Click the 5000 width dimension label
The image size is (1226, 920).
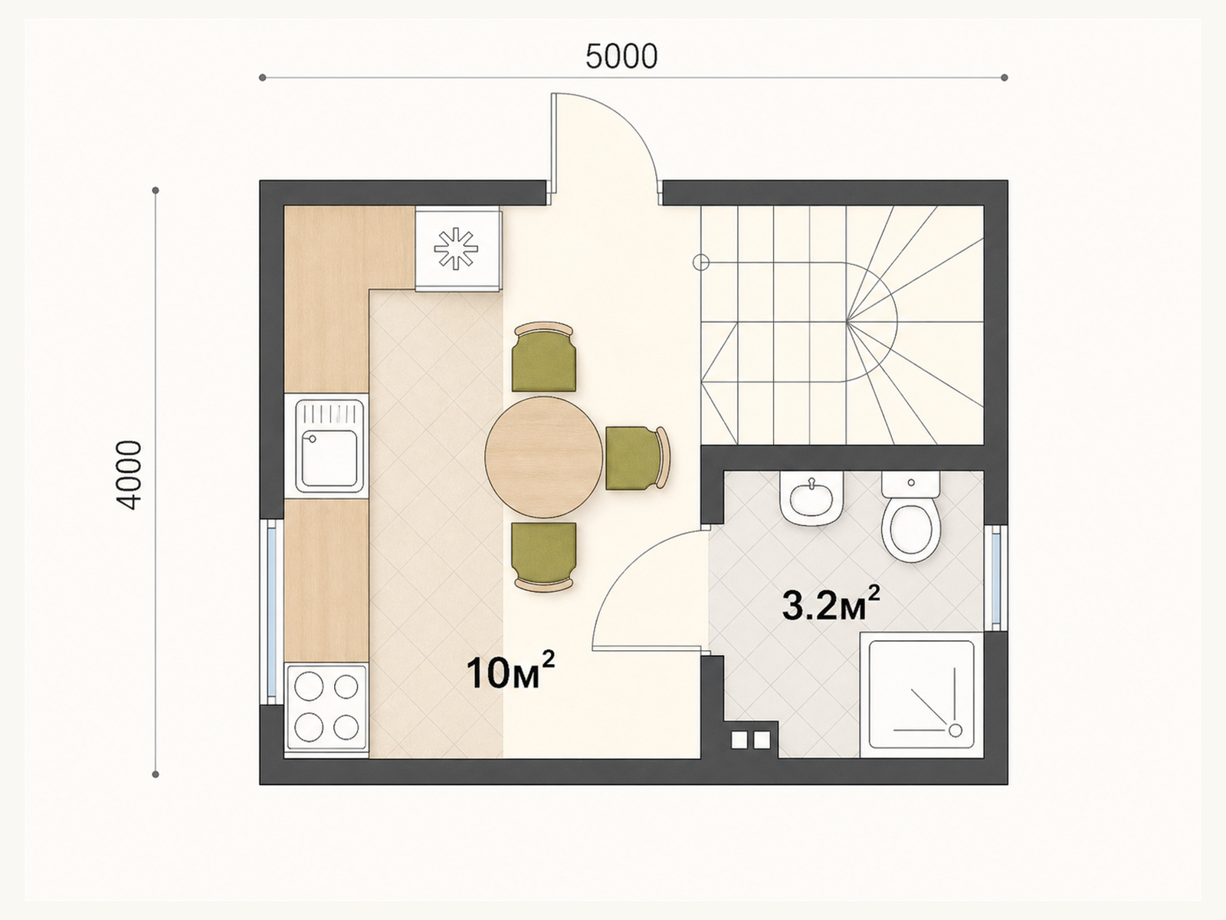(621, 57)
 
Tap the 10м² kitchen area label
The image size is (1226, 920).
(510, 672)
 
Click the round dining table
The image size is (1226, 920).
(543, 456)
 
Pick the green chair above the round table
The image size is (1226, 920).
(544, 357)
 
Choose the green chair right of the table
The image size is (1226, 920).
(638, 458)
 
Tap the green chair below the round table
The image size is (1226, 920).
(544, 557)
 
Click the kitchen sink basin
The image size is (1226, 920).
(329, 458)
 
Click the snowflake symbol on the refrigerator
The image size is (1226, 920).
(457, 248)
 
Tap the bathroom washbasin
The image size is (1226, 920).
(811, 498)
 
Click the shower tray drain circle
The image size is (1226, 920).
(955, 730)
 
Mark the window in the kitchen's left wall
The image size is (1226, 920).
(272, 612)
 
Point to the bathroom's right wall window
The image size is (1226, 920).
(995, 577)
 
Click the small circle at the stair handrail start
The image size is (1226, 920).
(700, 262)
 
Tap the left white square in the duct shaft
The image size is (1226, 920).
(739, 740)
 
